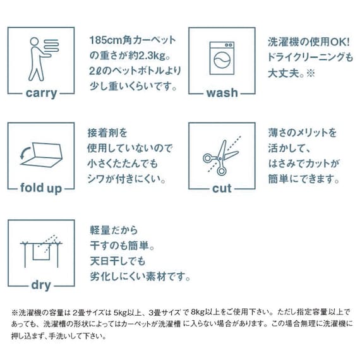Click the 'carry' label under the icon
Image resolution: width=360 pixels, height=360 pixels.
[42, 93]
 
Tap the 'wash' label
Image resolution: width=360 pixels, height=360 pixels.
[222, 93]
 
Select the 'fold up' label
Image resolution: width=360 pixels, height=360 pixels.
[42, 189]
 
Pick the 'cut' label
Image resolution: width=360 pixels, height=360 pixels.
[222, 189]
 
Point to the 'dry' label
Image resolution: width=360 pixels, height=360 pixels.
[42, 285]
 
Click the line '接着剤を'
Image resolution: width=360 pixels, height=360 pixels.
[107, 134]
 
